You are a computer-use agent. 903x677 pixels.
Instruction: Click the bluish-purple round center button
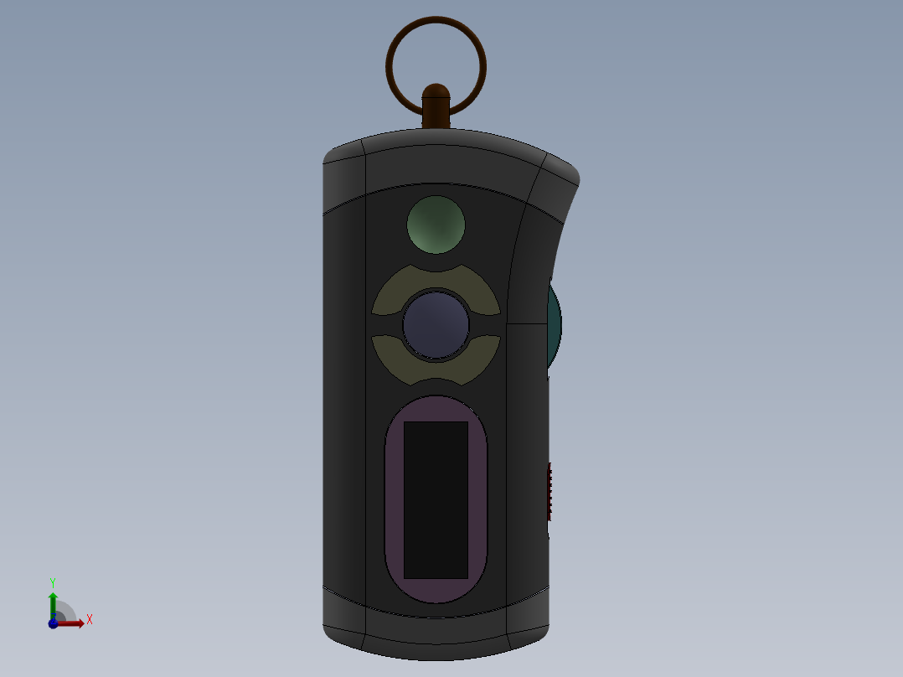[436, 325]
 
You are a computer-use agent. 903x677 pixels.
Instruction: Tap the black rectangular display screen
[436, 499]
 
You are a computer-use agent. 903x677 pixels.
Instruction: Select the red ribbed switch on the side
[550, 489]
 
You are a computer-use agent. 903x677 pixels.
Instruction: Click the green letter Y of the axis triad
[52, 581]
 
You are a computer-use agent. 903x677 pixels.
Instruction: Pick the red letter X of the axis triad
[89, 620]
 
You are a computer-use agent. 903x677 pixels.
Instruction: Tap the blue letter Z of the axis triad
[55, 616]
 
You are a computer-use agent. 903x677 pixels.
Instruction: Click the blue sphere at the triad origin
[53, 623]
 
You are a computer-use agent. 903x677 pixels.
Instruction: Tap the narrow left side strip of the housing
[344, 394]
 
